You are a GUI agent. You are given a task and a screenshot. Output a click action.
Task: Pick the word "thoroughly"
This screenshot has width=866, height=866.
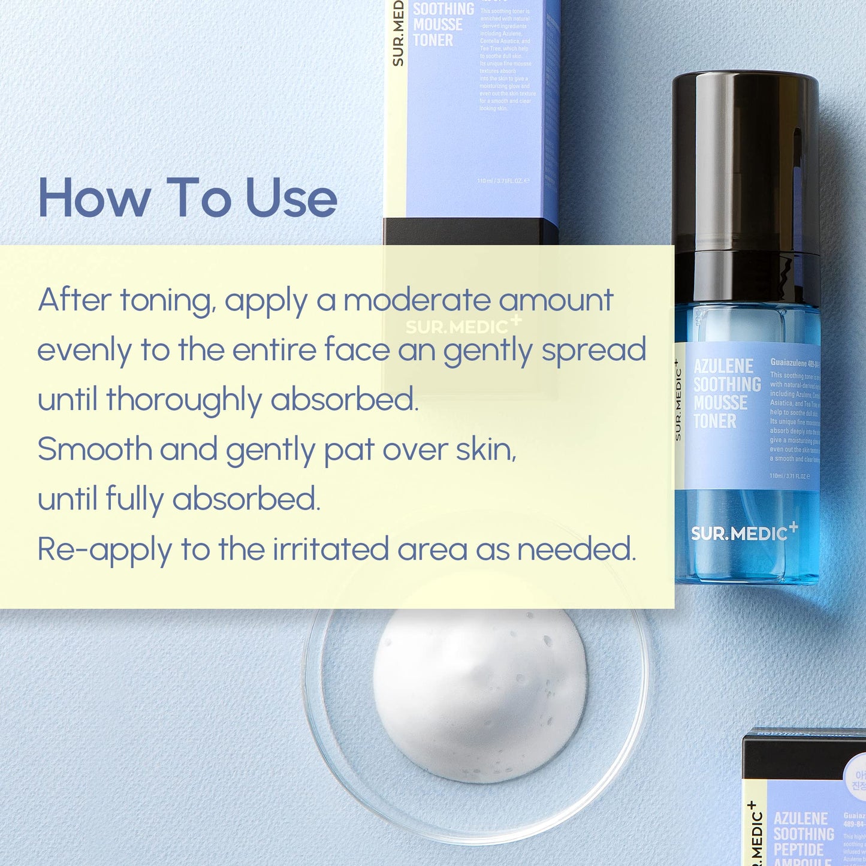[x=184, y=400]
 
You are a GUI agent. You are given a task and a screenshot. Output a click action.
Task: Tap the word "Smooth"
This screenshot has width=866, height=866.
[x=95, y=449]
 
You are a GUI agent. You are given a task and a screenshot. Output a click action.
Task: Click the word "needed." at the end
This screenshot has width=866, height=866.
[x=576, y=549]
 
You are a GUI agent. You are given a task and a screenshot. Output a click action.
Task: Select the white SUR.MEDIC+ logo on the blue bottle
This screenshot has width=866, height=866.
[x=743, y=532]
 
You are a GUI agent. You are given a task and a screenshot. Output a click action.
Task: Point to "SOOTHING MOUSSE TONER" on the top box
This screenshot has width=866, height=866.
[x=442, y=25]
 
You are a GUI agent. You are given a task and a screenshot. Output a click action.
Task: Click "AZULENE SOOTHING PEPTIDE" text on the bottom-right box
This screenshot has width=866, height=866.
[x=803, y=834]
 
